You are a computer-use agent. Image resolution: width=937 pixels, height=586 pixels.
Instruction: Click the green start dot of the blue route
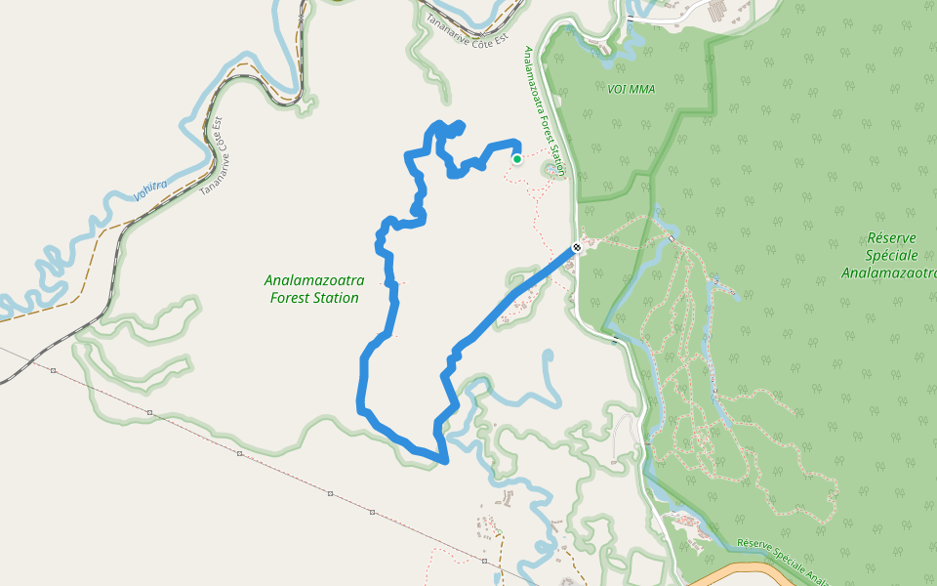point(516,158)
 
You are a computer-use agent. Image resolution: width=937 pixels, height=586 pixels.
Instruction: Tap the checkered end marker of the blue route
point(577,247)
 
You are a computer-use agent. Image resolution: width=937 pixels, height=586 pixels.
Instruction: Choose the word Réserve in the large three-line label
point(890,238)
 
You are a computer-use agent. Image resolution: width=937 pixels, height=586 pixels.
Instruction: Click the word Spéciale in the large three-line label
point(890,256)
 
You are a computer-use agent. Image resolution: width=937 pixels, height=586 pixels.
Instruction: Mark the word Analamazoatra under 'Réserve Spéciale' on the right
point(889,273)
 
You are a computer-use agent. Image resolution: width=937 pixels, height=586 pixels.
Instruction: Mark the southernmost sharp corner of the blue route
point(445,460)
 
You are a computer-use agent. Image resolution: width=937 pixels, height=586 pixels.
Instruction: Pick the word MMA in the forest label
point(641,89)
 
